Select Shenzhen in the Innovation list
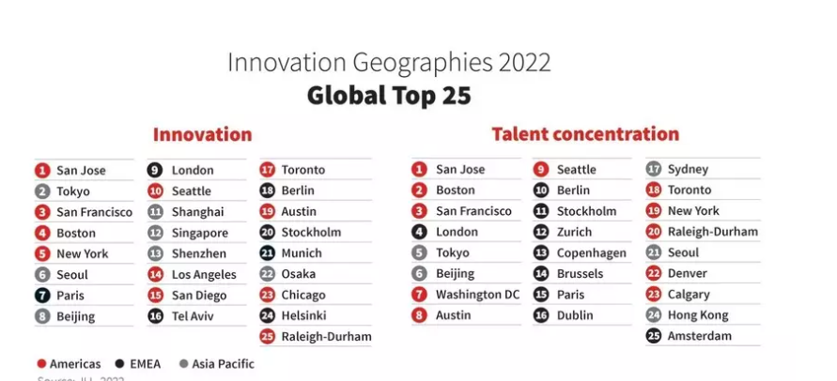pyautogui.click(x=198, y=253)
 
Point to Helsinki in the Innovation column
pyautogui.click(x=304, y=315)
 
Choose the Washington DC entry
pyautogui.click(x=477, y=295)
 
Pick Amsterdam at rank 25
pyautogui.click(x=699, y=336)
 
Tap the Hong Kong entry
pyautogui.click(x=697, y=315)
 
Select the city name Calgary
pyautogui.click(x=689, y=295)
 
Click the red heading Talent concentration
pyautogui.click(x=584, y=134)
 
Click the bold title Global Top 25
pyautogui.click(x=389, y=97)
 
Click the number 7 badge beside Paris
pyautogui.click(x=42, y=296)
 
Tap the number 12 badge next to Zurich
pyautogui.click(x=541, y=232)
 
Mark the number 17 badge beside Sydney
pyautogui.click(x=654, y=170)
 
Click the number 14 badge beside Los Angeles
pyautogui.click(x=155, y=275)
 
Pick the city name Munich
pyautogui.click(x=302, y=253)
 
